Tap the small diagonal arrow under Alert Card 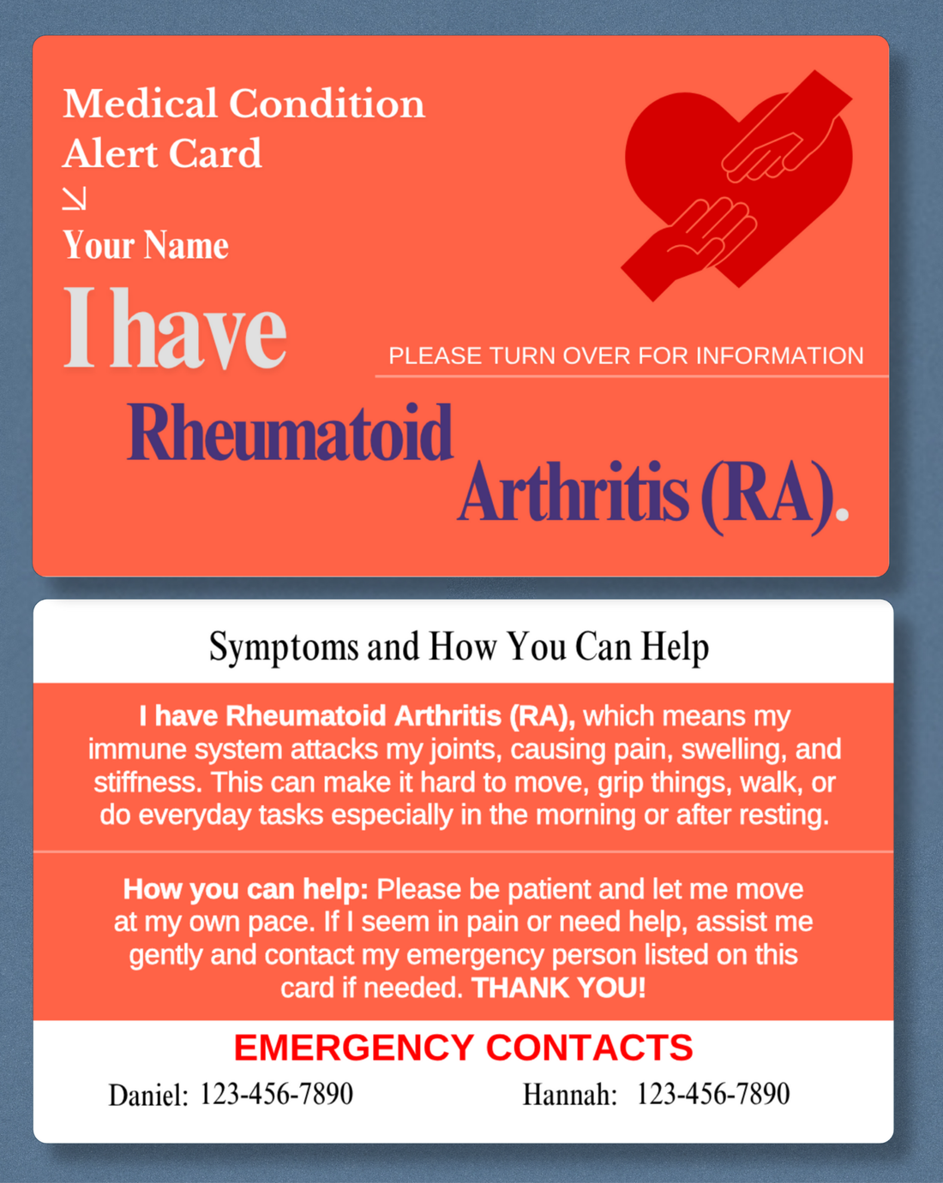click(75, 199)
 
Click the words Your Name click(146, 246)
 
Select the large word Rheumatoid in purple click(290, 433)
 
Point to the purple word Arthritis click(573, 493)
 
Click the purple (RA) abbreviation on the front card click(767, 495)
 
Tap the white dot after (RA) click(842, 514)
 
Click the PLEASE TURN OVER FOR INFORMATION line click(626, 355)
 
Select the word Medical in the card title click(140, 104)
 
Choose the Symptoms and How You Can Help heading click(459, 647)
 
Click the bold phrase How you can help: click(245, 889)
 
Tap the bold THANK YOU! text click(558, 988)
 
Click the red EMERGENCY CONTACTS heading click(463, 1048)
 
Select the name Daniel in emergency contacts click(147, 1095)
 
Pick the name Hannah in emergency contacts click(569, 1095)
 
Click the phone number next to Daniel click(276, 1094)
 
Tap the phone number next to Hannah click(712, 1094)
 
